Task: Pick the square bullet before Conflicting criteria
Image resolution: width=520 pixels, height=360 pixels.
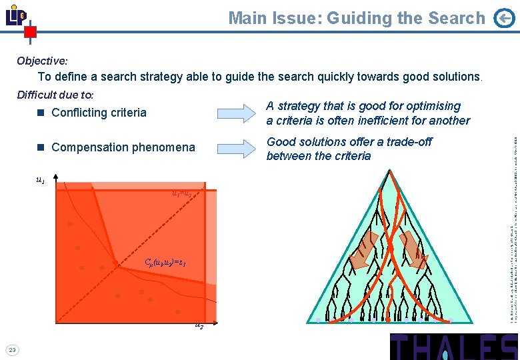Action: (x=41, y=113)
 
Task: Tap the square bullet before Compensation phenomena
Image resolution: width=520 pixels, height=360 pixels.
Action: (x=41, y=147)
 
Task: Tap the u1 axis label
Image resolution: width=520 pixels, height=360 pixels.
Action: (x=41, y=179)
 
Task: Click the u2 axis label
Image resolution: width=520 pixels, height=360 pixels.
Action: (x=199, y=325)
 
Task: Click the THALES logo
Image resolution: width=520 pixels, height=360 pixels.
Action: (x=453, y=347)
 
